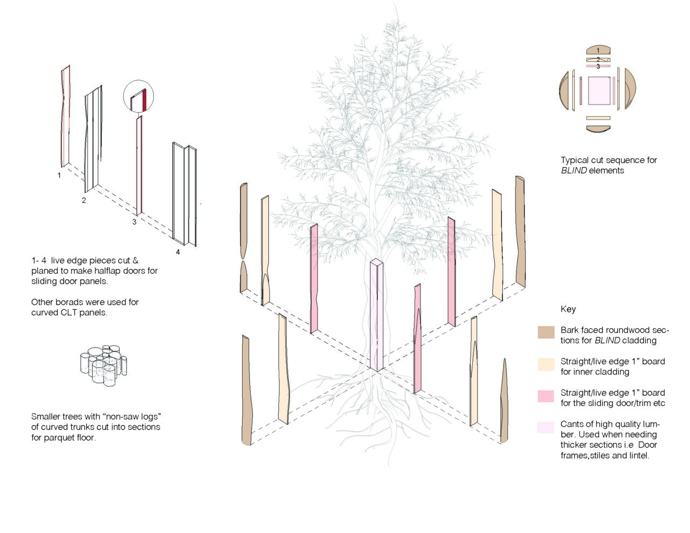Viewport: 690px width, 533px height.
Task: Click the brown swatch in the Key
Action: pos(546,332)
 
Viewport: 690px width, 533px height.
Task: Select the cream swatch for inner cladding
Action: pos(546,364)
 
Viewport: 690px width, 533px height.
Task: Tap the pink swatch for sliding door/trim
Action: pos(546,396)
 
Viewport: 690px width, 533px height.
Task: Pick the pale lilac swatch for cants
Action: pos(546,427)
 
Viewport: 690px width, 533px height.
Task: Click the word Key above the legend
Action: pos(568,309)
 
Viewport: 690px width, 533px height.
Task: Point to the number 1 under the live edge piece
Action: pos(59,175)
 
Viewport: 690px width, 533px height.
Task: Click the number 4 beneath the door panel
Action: pos(178,252)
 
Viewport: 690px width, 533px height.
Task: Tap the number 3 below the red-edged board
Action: pos(134,222)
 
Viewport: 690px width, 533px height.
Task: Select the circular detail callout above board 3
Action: pos(139,95)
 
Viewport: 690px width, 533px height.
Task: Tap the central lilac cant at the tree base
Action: pos(377,315)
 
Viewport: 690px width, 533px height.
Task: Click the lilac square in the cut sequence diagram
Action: pos(599,91)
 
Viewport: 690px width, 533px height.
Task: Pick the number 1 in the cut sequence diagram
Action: pos(598,50)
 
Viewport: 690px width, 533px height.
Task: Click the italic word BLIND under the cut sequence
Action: pos(574,170)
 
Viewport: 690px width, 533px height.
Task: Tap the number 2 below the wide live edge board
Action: pos(84,200)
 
